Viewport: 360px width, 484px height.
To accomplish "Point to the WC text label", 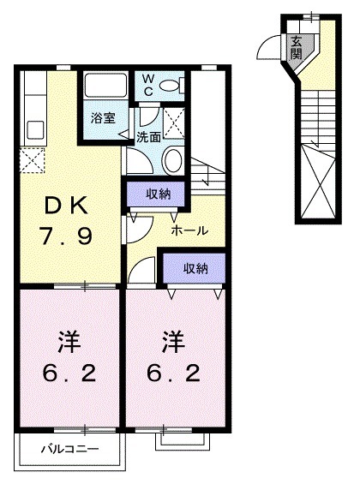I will click(x=148, y=86).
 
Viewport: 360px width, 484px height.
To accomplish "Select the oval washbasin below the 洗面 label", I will click(x=172, y=159).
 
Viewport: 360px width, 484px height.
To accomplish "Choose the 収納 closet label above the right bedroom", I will click(x=195, y=269).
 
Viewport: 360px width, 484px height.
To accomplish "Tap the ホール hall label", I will click(x=187, y=231).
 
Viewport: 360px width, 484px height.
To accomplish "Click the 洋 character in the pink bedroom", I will click(x=69, y=344).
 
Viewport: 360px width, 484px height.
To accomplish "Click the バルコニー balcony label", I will click(x=71, y=448).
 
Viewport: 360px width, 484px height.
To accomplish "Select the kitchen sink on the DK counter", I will click(x=35, y=130).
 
